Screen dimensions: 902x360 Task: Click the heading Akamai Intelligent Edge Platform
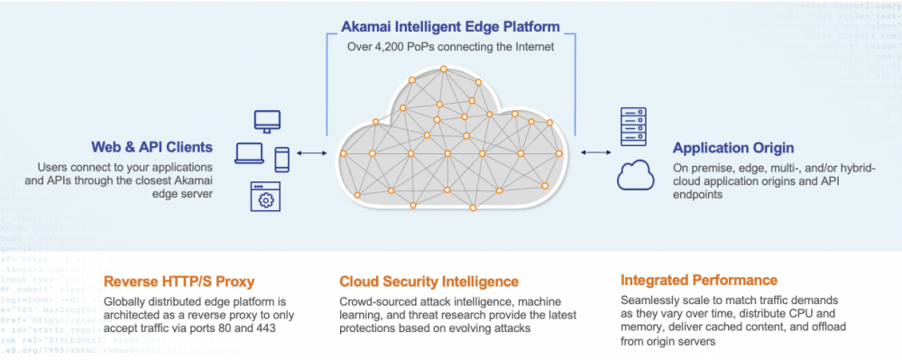tap(450, 27)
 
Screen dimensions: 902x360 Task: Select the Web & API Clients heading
tap(152, 147)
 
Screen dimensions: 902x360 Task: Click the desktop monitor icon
tap(268, 121)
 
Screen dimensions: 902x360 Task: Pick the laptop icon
tap(250, 153)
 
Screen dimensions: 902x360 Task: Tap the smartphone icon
tap(281, 160)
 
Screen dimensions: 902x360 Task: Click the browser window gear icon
tap(266, 197)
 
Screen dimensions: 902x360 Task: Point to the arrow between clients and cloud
tap(311, 153)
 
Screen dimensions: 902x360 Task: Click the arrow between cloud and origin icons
tap(596, 152)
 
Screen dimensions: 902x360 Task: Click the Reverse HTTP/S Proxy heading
tap(179, 282)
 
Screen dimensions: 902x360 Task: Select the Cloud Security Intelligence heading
tap(429, 282)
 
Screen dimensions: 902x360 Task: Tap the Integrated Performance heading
tap(699, 281)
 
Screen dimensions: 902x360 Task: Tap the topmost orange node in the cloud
tap(444, 69)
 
